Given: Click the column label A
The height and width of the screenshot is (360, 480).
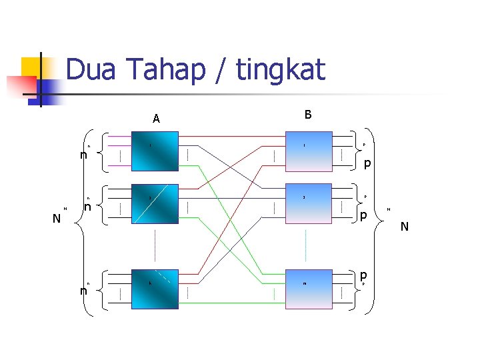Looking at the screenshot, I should tap(156, 119).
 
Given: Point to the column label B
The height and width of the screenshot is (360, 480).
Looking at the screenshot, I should tap(307, 115).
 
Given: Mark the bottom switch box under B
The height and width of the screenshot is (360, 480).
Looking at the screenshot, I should tap(307, 289).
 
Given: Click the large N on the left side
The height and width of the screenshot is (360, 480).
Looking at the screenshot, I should tap(57, 218).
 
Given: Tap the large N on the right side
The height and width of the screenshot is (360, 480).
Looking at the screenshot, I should tap(404, 228).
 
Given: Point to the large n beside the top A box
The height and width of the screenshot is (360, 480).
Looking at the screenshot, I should tap(83, 155).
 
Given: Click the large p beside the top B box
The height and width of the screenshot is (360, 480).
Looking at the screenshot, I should tap(367, 163).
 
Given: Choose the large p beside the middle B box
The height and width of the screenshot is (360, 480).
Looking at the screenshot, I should tap(363, 215).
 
